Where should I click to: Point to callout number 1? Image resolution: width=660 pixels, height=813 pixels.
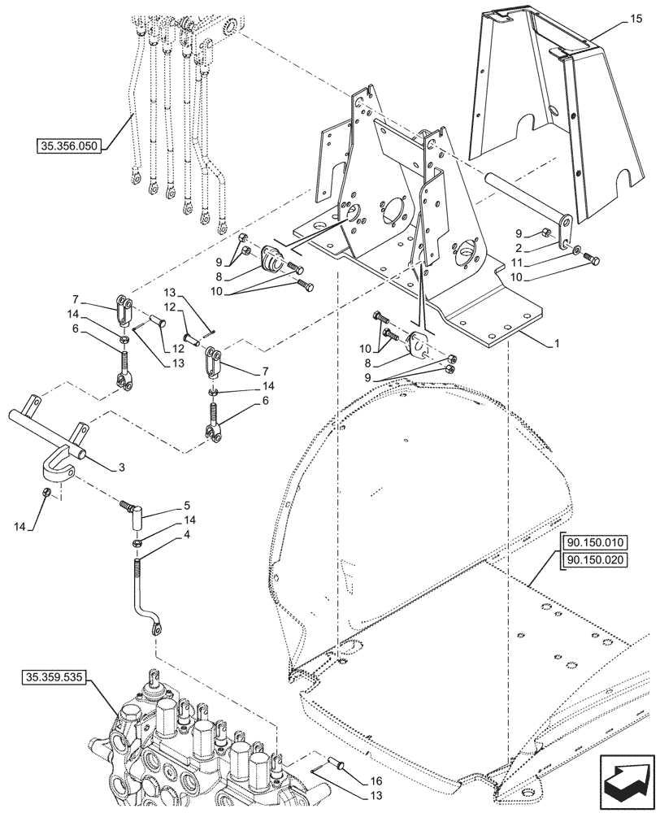(555, 344)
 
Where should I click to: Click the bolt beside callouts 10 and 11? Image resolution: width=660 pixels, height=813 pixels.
(593, 259)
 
